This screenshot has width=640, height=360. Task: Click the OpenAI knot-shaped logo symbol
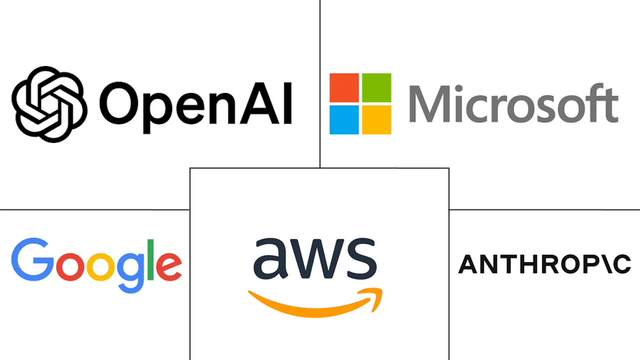click(x=49, y=104)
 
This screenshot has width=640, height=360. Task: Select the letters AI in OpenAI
click(x=267, y=103)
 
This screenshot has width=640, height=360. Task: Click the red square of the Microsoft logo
click(x=344, y=88)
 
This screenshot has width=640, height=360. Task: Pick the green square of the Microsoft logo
click(x=376, y=88)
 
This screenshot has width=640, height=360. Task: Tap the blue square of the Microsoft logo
click(x=344, y=120)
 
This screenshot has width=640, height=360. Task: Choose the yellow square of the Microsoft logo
click(x=376, y=120)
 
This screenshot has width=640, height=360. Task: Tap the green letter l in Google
click(x=151, y=259)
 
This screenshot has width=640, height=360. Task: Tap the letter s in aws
click(x=362, y=259)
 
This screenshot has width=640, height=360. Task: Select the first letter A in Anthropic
click(x=469, y=264)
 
